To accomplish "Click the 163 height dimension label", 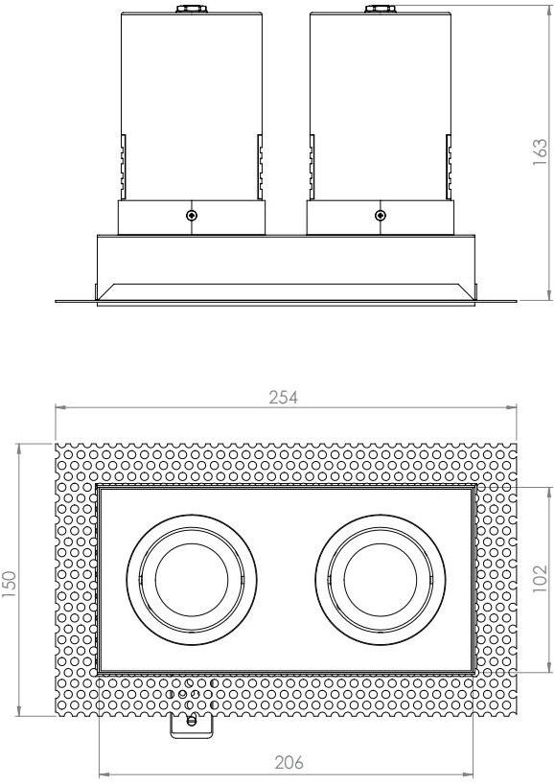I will point(541,151).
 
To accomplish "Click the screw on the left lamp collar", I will point(193,215).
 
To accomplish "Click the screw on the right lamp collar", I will point(381,215).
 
